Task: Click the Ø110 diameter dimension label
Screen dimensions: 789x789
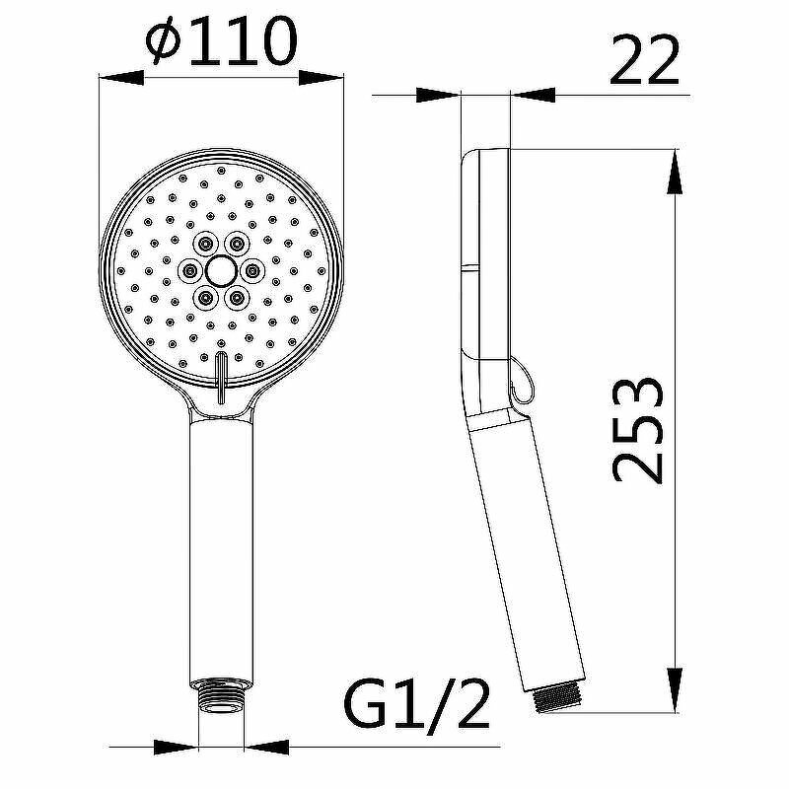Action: point(220,41)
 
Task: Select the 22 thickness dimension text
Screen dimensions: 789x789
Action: point(645,60)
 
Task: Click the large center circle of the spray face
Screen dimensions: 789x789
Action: point(220,270)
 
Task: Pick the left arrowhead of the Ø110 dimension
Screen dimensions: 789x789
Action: point(121,78)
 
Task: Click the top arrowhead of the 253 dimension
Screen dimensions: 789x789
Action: point(675,171)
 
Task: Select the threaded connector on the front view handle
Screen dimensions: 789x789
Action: point(221,697)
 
